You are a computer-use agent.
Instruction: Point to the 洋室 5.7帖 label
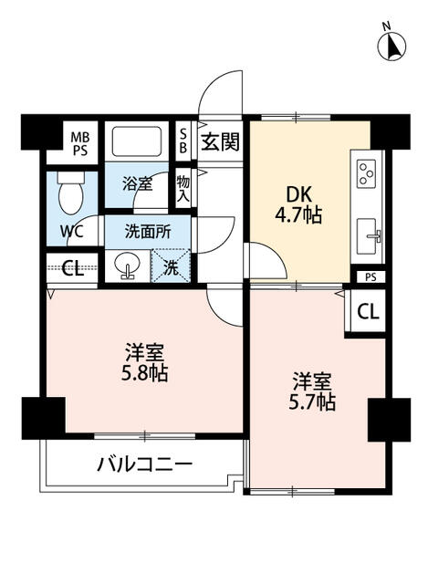[x=313, y=391]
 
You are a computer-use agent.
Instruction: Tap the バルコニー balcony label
[x=145, y=464]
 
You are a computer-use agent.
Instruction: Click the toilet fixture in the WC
[x=69, y=193]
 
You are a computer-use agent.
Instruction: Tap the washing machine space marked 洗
[x=171, y=267]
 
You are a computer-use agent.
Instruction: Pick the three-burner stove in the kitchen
[x=368, y=172]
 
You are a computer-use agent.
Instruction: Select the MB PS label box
[x=80, y=143]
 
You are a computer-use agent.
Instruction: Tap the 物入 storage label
[x=183, y=189]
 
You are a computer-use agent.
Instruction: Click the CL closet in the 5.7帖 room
[x=366, y=311]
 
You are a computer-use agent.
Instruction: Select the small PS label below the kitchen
[x=369, y=276]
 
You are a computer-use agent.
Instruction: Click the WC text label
[x=72, y=231]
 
